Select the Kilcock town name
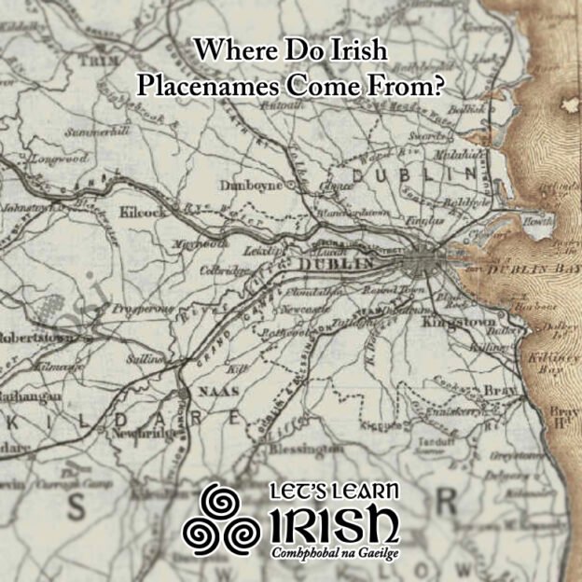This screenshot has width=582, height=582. [142, 213]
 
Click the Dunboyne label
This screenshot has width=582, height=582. [250, 186]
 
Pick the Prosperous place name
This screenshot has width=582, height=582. [143, 308]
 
